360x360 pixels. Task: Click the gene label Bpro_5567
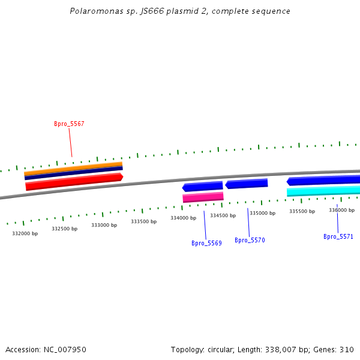pos(69,124)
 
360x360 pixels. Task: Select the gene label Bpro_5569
pos(206,243)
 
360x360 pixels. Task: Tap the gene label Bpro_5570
pos(250,240)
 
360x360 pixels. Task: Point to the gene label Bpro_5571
pos(338,236)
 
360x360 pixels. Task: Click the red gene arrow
pos(74,182)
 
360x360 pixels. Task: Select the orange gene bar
pos(73,167)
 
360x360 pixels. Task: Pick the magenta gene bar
pos(203,197)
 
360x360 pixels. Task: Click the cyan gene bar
pos(323,191)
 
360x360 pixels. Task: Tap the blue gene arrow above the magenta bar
pos(203,187)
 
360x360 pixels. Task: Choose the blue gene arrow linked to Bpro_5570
pos(247,184)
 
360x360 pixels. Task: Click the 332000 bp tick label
pos(25,233)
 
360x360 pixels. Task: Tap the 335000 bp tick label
pos(262,213)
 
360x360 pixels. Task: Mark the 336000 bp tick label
pos(341,210)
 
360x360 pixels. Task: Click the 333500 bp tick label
pos(143,221)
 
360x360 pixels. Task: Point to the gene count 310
pos(347,349)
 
